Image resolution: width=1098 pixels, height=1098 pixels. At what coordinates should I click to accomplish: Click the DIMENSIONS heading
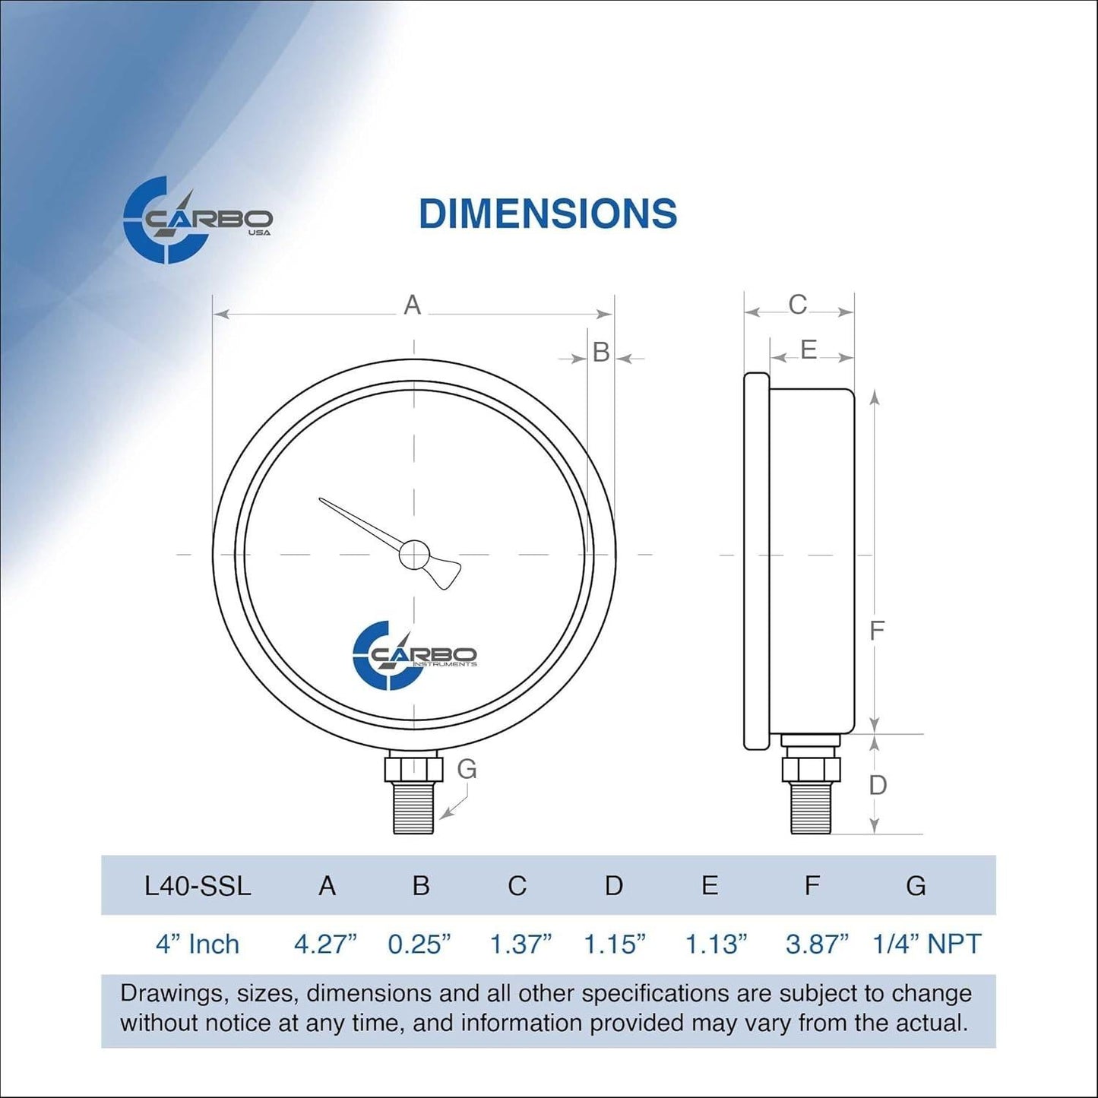547,214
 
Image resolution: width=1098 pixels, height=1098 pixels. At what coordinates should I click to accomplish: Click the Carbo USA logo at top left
197,220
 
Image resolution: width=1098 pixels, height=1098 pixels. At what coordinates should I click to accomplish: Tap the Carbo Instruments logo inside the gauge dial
414,655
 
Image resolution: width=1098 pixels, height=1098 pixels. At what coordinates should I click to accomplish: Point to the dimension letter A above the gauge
412,305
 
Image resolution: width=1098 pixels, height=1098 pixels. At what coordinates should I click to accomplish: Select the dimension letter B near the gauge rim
601,353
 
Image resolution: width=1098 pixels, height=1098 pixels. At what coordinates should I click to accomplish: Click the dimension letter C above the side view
797,305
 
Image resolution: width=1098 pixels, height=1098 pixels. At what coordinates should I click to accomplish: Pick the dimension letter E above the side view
808,350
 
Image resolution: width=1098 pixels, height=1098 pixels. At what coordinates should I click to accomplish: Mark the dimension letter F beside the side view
876,631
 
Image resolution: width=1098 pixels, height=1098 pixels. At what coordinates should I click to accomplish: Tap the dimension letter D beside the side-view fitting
878,785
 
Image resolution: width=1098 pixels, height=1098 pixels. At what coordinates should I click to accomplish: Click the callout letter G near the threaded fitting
467,769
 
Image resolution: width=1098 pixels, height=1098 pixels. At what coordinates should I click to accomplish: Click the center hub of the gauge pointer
414,555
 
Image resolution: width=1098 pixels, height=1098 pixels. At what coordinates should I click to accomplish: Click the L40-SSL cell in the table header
198,886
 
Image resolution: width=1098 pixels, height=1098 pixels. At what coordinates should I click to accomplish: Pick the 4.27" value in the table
325,944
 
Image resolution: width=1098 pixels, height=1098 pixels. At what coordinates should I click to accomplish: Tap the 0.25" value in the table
419,944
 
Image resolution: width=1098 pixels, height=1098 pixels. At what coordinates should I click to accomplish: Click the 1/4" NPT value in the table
926,944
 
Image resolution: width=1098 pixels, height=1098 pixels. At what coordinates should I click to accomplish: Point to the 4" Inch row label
198,944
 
